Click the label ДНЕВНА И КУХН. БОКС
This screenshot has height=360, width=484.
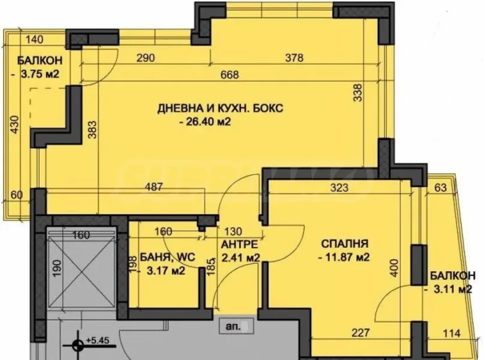pos(220,109)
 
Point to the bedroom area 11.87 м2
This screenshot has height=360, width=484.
pos(342,258)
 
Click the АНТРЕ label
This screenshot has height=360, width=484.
pos(239,245)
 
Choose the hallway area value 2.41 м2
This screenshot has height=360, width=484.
pos(240,259)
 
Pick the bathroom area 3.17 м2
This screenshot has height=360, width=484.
pos(161,271)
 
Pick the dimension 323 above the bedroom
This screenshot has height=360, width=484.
pos(339,187)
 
